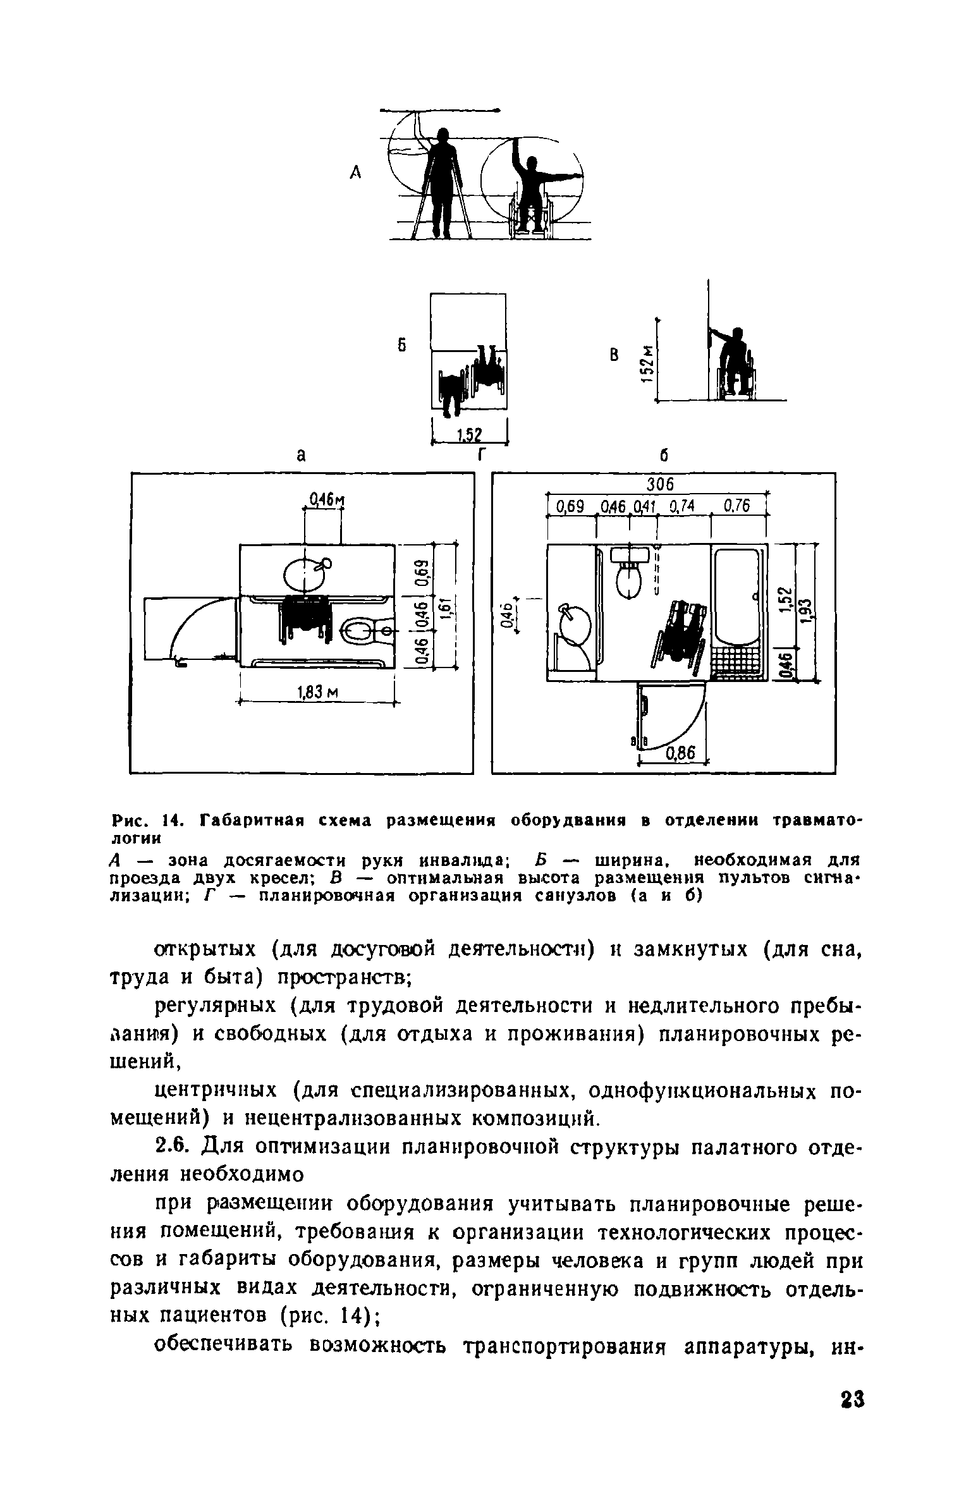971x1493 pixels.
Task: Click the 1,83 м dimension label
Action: (x=318, y=693)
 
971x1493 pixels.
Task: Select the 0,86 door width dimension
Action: (x=680, y=753)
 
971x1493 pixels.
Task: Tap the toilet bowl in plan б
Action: (x=628, y=577)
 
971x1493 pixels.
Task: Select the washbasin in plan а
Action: (x=304, y=574)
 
